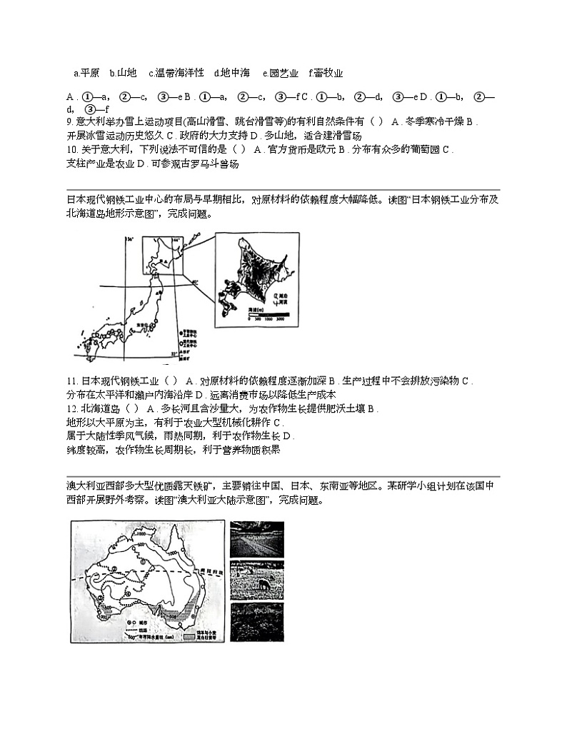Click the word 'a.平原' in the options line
(86, 73)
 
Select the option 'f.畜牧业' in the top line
(326, 73)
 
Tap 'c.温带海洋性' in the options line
(176, 73)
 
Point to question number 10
(71, 150)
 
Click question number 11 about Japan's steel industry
(71, 381)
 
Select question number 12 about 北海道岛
(71, 409)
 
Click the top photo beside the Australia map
(257, 538)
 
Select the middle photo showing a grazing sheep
(257, 579)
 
